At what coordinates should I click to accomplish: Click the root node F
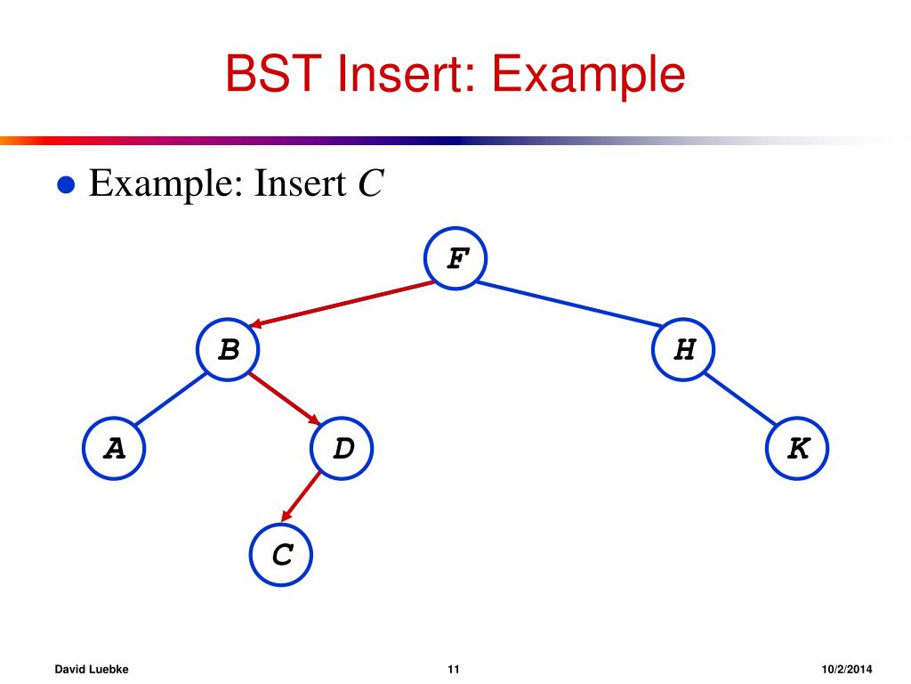pos(456,259)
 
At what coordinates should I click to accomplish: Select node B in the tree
pos(230,350)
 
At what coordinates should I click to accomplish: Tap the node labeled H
pos(684,350)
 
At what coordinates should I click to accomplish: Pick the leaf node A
pos(114,449)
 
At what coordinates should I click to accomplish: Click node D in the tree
pos(343,449)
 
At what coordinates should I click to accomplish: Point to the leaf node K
pos(798,449)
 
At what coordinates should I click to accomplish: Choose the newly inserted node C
pos(282,556)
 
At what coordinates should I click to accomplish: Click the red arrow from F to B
pos(343,305)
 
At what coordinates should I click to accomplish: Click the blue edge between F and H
pos(569,305)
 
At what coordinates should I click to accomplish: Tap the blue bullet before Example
pos(64,185)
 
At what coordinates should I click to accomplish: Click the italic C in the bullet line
pos(370,184)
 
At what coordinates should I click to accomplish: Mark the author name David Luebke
pos(92,669)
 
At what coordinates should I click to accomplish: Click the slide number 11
pos(454,669)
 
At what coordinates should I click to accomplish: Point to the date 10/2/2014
pos(847,669)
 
